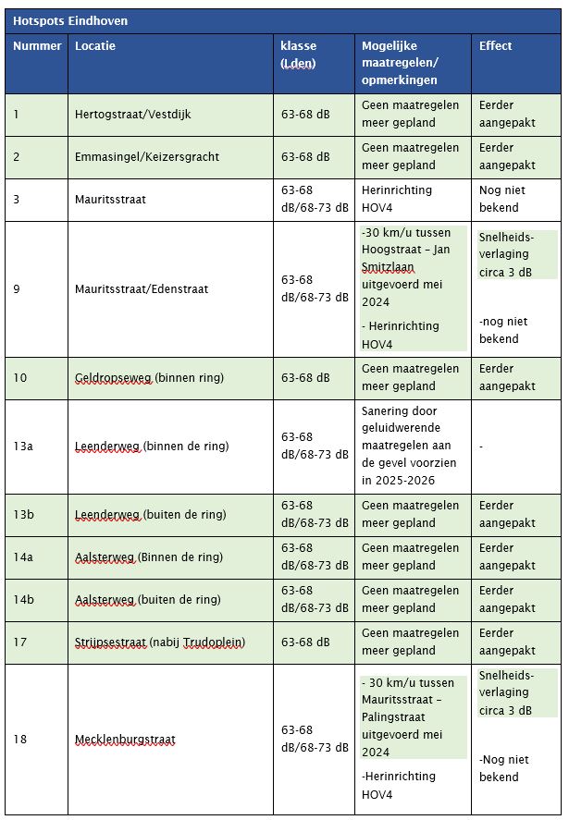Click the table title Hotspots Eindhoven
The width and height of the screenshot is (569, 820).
[x=70, y=20]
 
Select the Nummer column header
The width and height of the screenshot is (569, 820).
[x=37, y=46]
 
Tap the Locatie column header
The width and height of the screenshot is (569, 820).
[x=95, y=46]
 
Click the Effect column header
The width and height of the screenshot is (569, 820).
[x=495, y=46]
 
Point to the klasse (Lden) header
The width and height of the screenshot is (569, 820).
[x=298, y=55]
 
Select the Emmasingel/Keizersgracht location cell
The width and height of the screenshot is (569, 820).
[x=147, y=157]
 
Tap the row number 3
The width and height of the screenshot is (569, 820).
[x=17, y=199]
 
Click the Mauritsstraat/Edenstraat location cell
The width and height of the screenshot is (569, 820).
[x=142, y=289]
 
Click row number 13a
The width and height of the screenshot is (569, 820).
[x=23, y=447]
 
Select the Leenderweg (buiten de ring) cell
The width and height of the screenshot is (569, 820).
[x=149, y=515]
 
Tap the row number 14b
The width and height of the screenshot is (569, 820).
[x=23, y=599]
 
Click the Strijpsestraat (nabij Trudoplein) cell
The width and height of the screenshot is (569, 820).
[x=161, y=643]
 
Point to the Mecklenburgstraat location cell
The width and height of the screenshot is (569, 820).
[x=125, y=740]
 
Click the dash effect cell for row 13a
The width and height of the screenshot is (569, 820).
[x=482, y=447]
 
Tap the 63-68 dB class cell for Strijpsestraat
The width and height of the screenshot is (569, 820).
[x=305, y=643]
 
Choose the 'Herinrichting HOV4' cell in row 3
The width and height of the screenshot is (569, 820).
[x=397, y=199]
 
